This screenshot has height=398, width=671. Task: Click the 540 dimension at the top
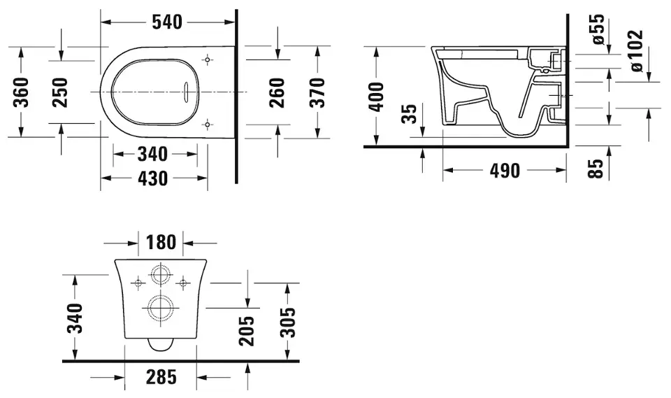(167, 22)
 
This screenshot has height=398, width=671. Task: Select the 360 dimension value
(20, 92)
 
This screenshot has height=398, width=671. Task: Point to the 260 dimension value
(277, 92)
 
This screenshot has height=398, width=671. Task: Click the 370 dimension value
(317, 92)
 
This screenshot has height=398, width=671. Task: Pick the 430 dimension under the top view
(153, 178)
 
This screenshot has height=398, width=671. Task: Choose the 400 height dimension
(376, 97)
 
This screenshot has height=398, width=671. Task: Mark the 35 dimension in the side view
(410, 113)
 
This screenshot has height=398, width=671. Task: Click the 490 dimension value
(505, 171)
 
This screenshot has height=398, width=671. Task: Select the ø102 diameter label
(635, 50)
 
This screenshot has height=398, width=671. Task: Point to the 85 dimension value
(596, 168)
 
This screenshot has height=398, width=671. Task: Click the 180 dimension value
(161, 243)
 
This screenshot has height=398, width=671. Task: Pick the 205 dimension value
(247, 331)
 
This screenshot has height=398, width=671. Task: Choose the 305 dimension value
(289, 322)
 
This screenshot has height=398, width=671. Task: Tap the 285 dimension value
(161, 378)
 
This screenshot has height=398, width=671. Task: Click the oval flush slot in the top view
(187, 92)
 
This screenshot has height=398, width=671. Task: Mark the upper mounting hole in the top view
(207, 60)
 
